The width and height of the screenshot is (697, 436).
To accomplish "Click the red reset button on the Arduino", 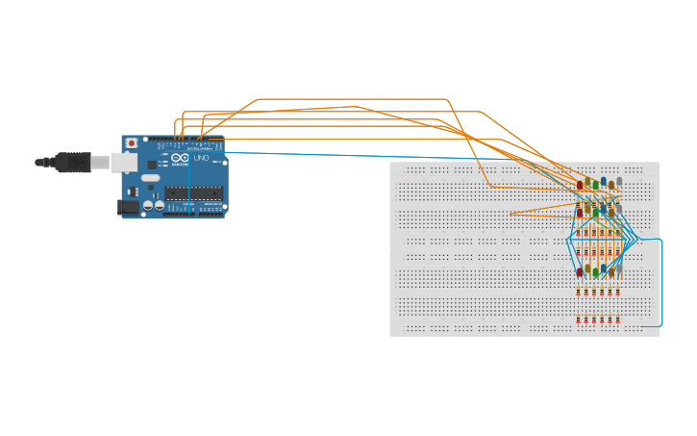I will coord(132,143).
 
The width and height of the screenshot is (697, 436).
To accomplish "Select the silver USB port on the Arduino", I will coord(123,162).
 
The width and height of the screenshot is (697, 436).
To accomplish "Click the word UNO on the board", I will coord(201,158).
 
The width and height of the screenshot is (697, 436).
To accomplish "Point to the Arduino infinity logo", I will coord(180,158).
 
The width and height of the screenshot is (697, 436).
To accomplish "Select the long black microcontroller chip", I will coord(193,192).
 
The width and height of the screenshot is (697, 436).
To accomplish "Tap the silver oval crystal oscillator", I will coord(150,178).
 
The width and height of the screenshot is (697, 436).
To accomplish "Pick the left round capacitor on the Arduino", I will coord(148,205).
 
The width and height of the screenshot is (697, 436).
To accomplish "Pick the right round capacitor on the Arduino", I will coord(160,205).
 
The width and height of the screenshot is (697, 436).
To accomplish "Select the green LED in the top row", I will coord(595,184).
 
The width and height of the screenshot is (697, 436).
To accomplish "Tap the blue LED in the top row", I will coord(603,181).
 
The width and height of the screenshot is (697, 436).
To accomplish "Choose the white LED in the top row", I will coord(618,181).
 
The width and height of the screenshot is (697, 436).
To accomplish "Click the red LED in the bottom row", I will coord(580,271).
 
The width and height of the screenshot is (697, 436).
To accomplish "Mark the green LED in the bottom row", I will coord(595,271).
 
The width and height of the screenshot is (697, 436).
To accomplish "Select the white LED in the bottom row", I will coord(618,269).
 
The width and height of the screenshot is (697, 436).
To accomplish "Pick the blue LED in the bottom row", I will coord(603,269).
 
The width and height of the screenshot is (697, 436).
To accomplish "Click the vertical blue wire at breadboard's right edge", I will coord(661,284).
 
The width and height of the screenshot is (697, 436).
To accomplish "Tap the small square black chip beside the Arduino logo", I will coord(152,165).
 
